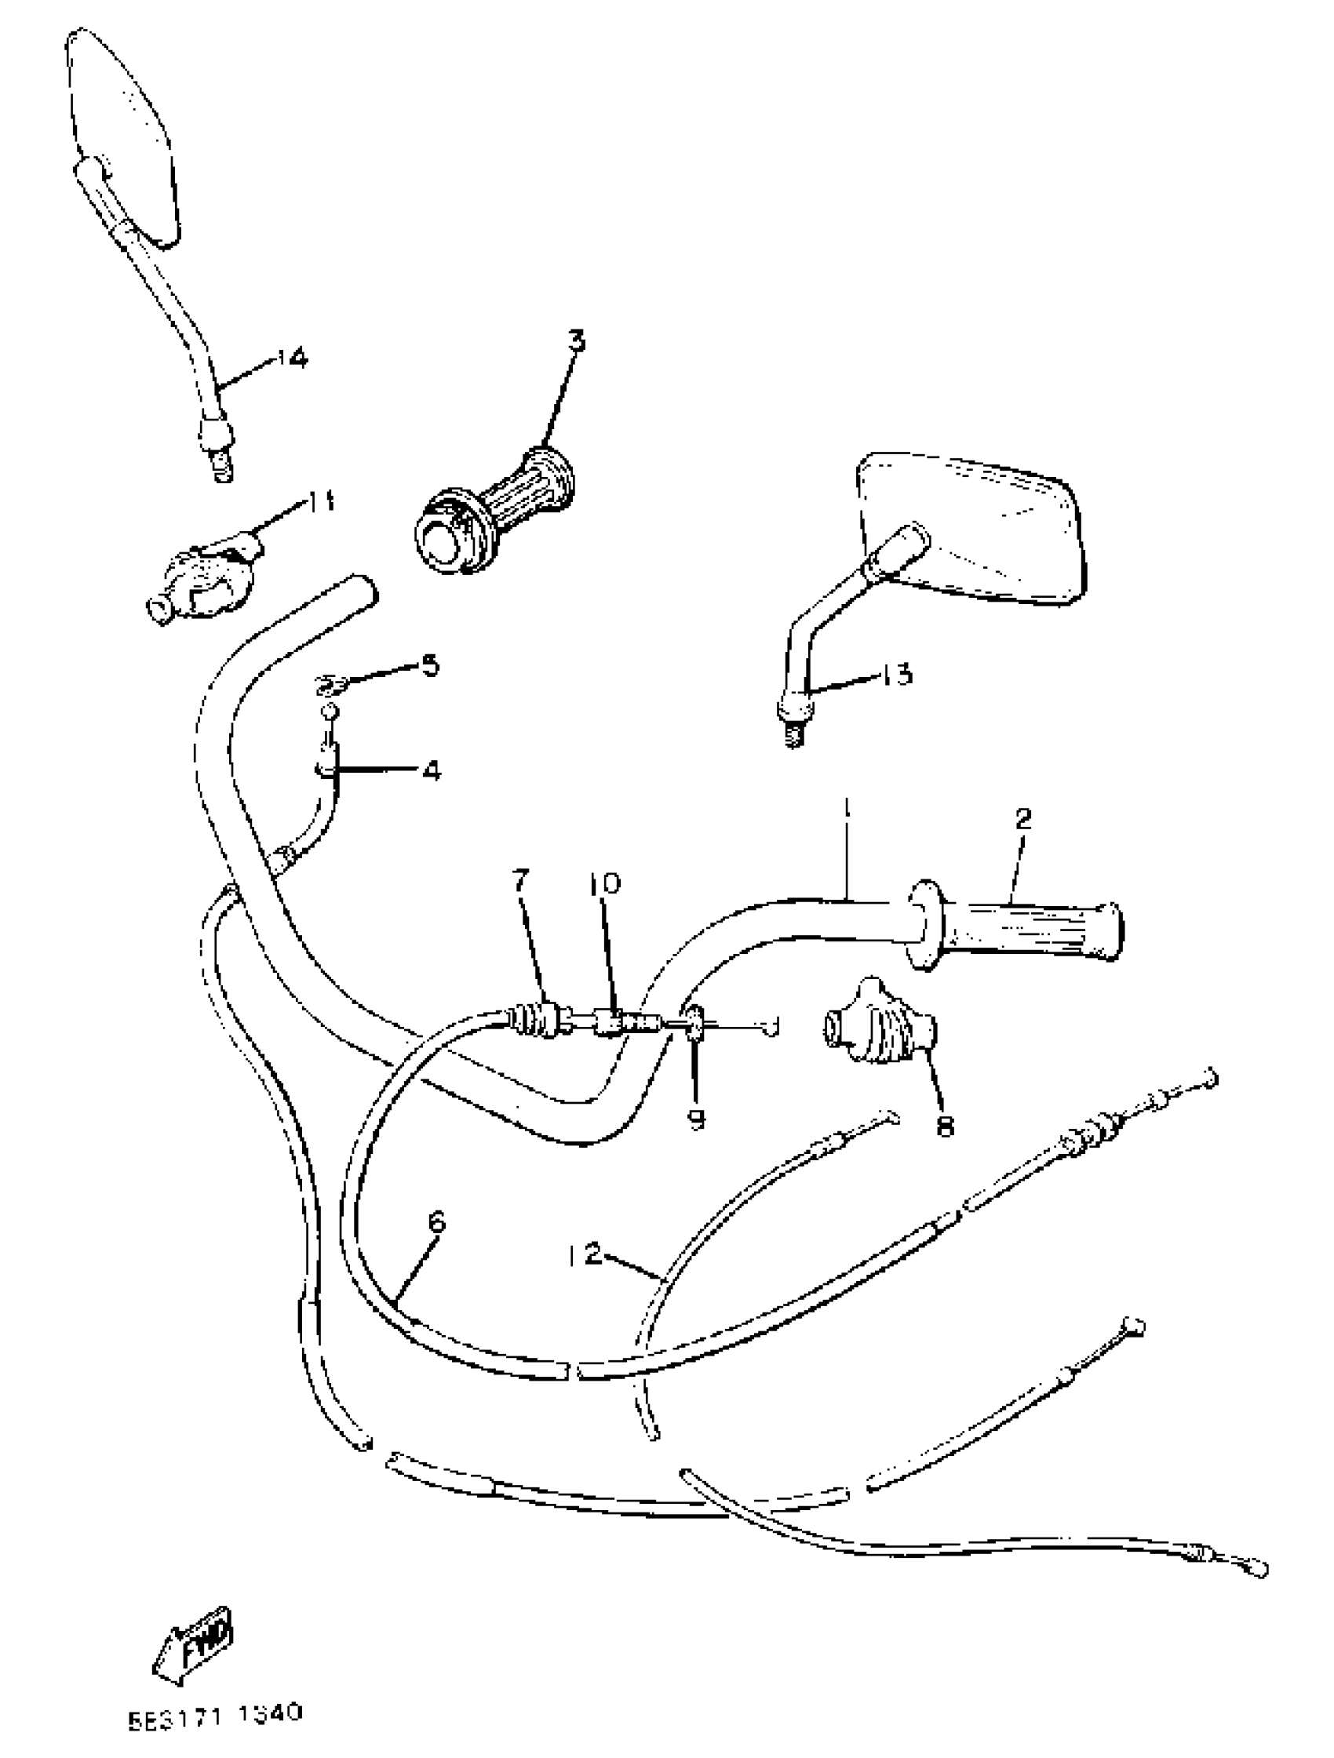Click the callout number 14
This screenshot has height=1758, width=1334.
pos(292,359)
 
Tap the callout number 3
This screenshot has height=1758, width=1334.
pos(577,342)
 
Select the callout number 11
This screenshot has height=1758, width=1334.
pos(321,501)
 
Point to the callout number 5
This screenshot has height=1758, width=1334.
pos(429,664)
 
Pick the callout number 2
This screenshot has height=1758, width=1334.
pos(1022,819)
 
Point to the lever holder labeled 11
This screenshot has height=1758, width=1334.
pos(205,584)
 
